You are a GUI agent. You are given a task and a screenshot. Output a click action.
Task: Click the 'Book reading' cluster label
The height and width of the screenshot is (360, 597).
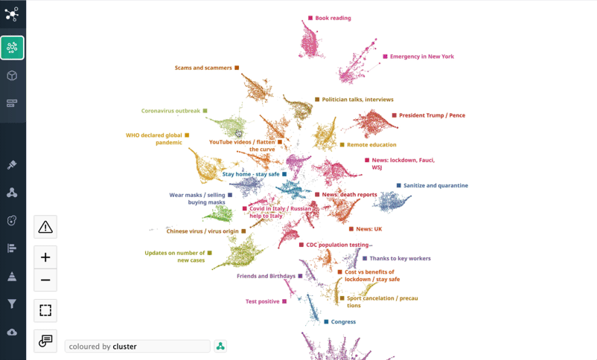(x=333, y=18)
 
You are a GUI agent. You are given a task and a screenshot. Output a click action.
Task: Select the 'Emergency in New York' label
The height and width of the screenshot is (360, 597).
(x=421, y=57)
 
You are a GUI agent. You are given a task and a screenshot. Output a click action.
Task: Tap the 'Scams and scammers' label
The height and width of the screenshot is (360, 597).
(x=203, y=68)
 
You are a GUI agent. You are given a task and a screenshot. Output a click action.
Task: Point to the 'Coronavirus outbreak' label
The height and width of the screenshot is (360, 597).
(x=170, y=111)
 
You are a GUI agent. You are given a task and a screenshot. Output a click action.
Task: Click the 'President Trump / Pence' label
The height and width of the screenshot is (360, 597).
(x=432, y=115)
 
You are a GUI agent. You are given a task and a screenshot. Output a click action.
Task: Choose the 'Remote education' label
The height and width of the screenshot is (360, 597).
(x=371, y=145)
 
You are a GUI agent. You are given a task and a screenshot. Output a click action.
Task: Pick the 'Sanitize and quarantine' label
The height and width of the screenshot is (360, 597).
(x=435, y=185)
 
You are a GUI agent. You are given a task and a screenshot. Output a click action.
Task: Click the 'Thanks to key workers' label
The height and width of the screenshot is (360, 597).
(x=400, y=259)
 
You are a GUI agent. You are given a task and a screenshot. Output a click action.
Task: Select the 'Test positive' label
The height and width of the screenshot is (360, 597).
(x=262, y=301)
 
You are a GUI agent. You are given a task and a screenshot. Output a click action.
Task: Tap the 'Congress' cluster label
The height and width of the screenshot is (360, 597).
(x=343, y=322)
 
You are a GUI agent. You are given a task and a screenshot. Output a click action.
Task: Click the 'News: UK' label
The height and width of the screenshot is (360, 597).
(x=368, y=229)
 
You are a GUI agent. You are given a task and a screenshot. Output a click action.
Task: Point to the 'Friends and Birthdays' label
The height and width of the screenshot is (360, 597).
(x=266, y=276)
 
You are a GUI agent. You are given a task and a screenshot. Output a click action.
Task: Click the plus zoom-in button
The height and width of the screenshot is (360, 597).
(x=45, y=257)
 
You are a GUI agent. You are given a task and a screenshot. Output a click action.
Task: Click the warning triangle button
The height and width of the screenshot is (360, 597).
(x=45, y=227)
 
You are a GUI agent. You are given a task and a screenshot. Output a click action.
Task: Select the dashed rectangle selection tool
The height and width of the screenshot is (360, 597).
(x=45, y=311)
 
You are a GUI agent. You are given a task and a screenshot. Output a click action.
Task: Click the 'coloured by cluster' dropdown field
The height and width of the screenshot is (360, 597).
(x=137, y=347)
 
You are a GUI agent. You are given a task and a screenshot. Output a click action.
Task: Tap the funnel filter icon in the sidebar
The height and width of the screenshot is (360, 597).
(x=12, y=303)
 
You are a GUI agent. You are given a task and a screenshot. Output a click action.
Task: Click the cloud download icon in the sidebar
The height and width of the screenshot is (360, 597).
(x=12, y=332)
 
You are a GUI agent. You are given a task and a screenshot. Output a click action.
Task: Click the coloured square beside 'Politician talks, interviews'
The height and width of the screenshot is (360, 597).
(x=317, y=100)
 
